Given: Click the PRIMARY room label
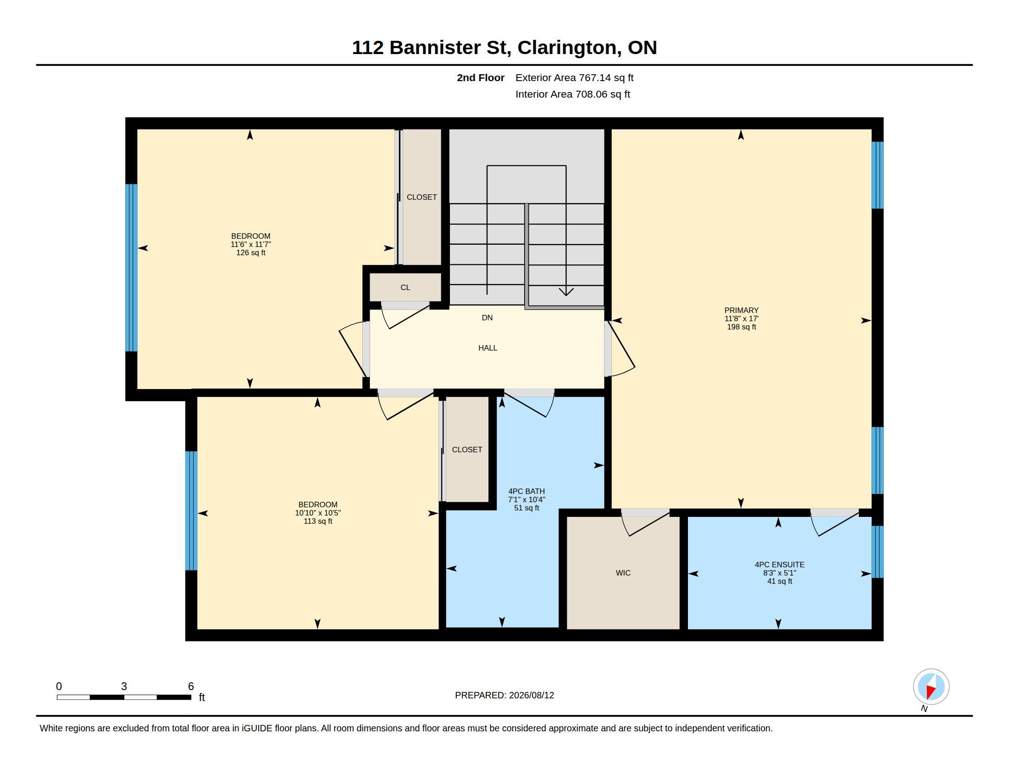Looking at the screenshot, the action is click(741, 310).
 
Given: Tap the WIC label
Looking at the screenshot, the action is click(623, 573).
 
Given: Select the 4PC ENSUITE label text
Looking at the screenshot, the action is click(779, 565).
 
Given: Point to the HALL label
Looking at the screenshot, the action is click(488, 348).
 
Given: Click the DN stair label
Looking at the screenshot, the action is click(487, 318).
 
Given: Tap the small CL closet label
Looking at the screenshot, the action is click(405, 287).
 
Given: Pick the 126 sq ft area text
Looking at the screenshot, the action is click(251, 253).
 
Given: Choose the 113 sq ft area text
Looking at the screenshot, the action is click(318, 521).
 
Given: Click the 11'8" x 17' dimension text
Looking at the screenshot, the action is click(741, 318).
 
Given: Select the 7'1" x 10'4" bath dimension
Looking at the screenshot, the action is click(527, 499).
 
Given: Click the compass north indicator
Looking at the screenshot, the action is click(931, 687).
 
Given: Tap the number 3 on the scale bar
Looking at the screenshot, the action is click(124, 686).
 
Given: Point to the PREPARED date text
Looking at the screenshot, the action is click(504, 695).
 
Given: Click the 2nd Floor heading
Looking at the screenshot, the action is click(481, 77).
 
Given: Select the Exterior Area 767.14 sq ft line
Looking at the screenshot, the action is click(574, 77).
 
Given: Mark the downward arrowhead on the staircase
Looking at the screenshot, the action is click(566, 291).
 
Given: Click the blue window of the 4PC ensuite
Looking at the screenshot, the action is click(877, 552).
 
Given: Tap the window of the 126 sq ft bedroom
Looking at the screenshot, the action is click(132, 268).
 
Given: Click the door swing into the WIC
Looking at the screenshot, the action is click(645, 523).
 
